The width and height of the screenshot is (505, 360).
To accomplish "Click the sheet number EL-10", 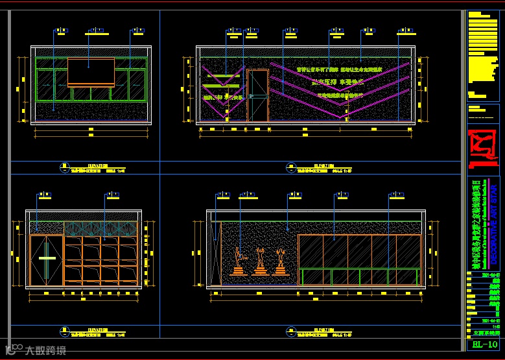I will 485,344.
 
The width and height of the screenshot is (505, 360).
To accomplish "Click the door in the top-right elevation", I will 258,95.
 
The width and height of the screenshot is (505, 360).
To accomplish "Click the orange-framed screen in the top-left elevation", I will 91,72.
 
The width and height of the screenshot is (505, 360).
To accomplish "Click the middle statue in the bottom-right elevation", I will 261,261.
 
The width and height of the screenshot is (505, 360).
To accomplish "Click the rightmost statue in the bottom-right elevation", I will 281,261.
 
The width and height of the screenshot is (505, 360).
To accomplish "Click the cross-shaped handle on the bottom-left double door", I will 47,259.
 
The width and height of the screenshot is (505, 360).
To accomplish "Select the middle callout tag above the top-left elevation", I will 97,30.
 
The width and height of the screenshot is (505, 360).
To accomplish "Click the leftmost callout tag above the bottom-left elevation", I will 44,194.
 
